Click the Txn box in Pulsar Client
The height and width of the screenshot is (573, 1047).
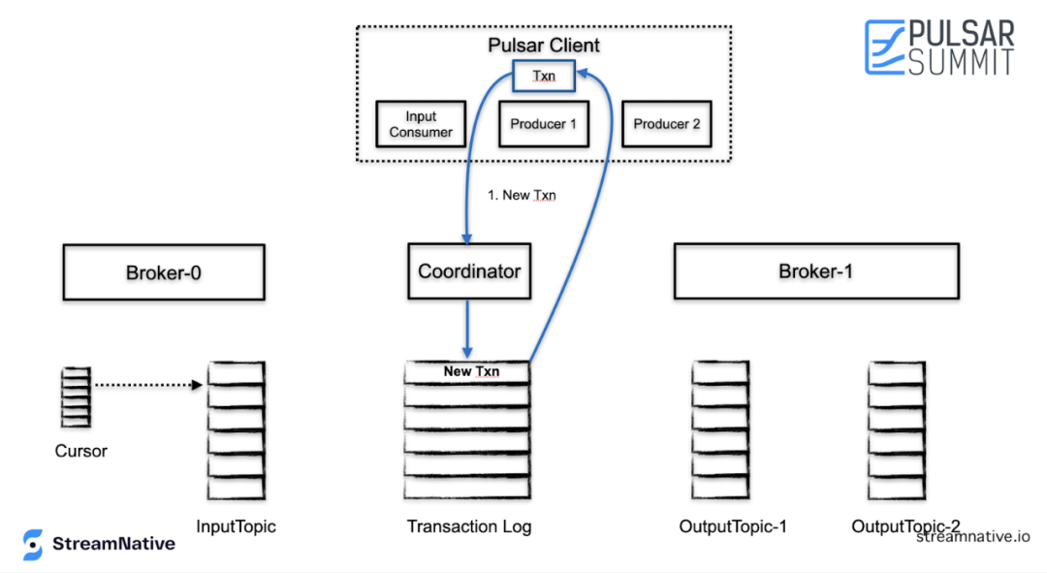[544, 76]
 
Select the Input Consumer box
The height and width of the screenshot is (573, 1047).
[421, 124]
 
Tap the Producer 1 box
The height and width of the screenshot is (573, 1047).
[544, 124]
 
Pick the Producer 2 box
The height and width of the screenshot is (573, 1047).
[666, 124]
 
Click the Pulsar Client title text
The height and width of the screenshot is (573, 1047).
[544, 46]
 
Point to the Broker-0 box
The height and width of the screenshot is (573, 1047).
[164, 272]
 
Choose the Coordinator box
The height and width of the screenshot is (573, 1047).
[469, 271]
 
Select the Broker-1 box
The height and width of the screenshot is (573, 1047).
[816, 271]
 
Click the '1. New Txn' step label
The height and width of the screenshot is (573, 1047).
[522, 195]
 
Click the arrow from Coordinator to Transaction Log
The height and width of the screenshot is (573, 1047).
[467, 329]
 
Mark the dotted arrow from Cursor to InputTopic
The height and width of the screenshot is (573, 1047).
[148, 385]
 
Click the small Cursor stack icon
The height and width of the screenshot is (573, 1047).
[76, 397]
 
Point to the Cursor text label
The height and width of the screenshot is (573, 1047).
[80, 451]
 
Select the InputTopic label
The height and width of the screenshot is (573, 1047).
[236, 526]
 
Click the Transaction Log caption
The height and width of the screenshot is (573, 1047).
[469, 526]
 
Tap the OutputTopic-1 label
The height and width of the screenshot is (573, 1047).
[733, 526]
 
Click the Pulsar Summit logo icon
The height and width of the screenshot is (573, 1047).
[885, 47]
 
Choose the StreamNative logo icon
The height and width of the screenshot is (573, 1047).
[32, 544]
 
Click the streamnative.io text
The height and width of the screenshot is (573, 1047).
[973, 537]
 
